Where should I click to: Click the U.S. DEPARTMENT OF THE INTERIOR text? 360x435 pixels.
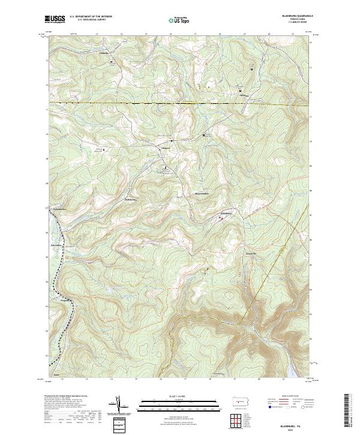[91, 17]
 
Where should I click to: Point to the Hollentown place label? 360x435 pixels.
[131, 199]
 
